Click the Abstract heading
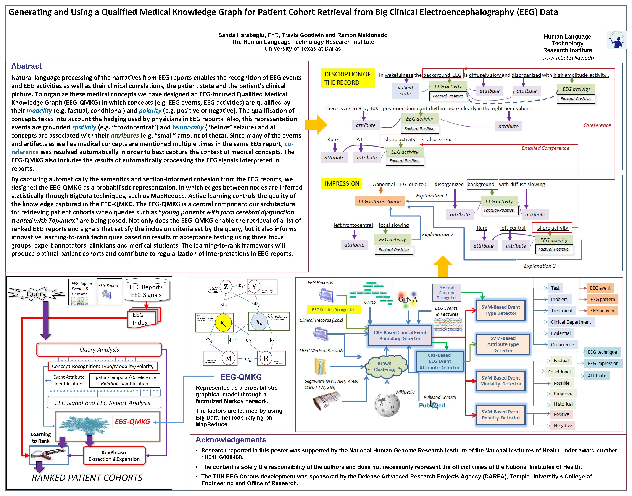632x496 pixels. tap(26, 66)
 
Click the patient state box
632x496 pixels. tap(405, 90)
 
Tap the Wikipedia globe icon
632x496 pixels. tap(387, 405)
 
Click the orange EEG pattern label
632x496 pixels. tap(602, 299)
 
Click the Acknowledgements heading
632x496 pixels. tap(231, 440)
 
